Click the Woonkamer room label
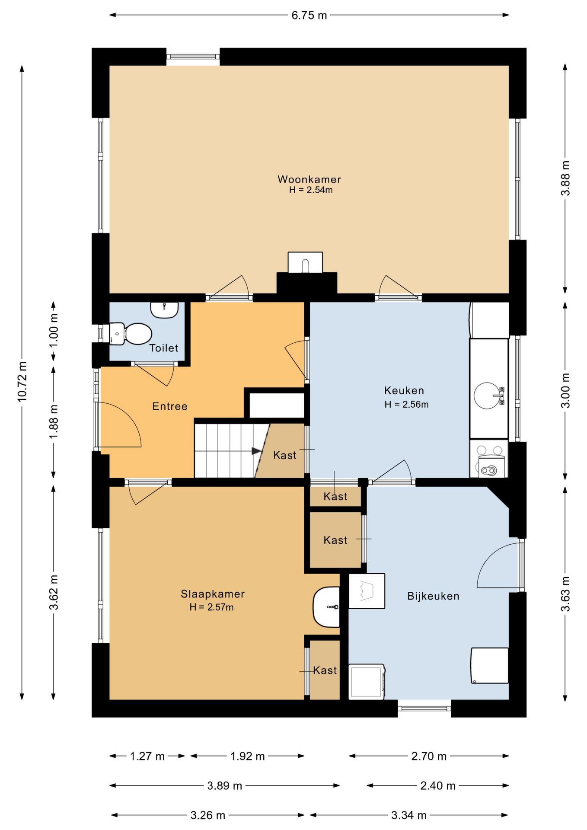click(309, 179)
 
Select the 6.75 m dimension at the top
click(309, 16)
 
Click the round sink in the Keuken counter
click(486, 396)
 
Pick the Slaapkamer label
click(213, 594)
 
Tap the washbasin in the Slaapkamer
click(326, 607)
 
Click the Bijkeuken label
click(433, 596)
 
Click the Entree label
click(170, 406)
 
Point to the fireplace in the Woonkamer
click(306, 262)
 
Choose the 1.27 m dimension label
click(147, 756)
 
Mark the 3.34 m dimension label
click(409, 815)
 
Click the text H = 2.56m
click(407, 405)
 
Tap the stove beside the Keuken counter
click(489, 459)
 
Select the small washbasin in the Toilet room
click(164, 310)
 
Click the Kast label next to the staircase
click(285, 455)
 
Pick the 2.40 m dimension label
click(438, 786)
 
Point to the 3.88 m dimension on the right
click(565, 178)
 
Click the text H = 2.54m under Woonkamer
click(311, 190)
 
